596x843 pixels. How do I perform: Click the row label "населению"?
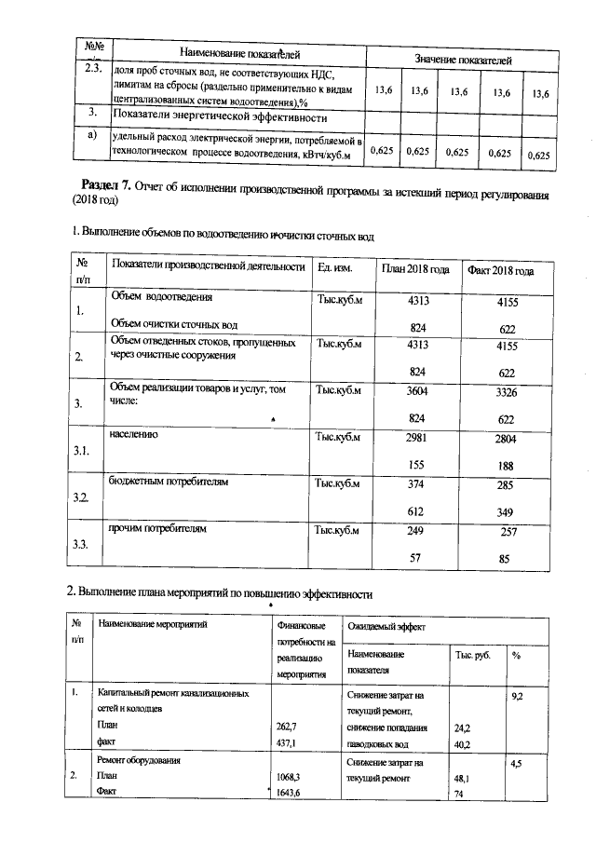135,435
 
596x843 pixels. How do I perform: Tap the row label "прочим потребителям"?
157,529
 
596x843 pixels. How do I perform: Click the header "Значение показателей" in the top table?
463,60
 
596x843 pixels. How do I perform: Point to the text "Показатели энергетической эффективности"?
219,117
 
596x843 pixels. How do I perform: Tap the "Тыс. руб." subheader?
473,655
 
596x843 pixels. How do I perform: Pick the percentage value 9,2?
519,696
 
